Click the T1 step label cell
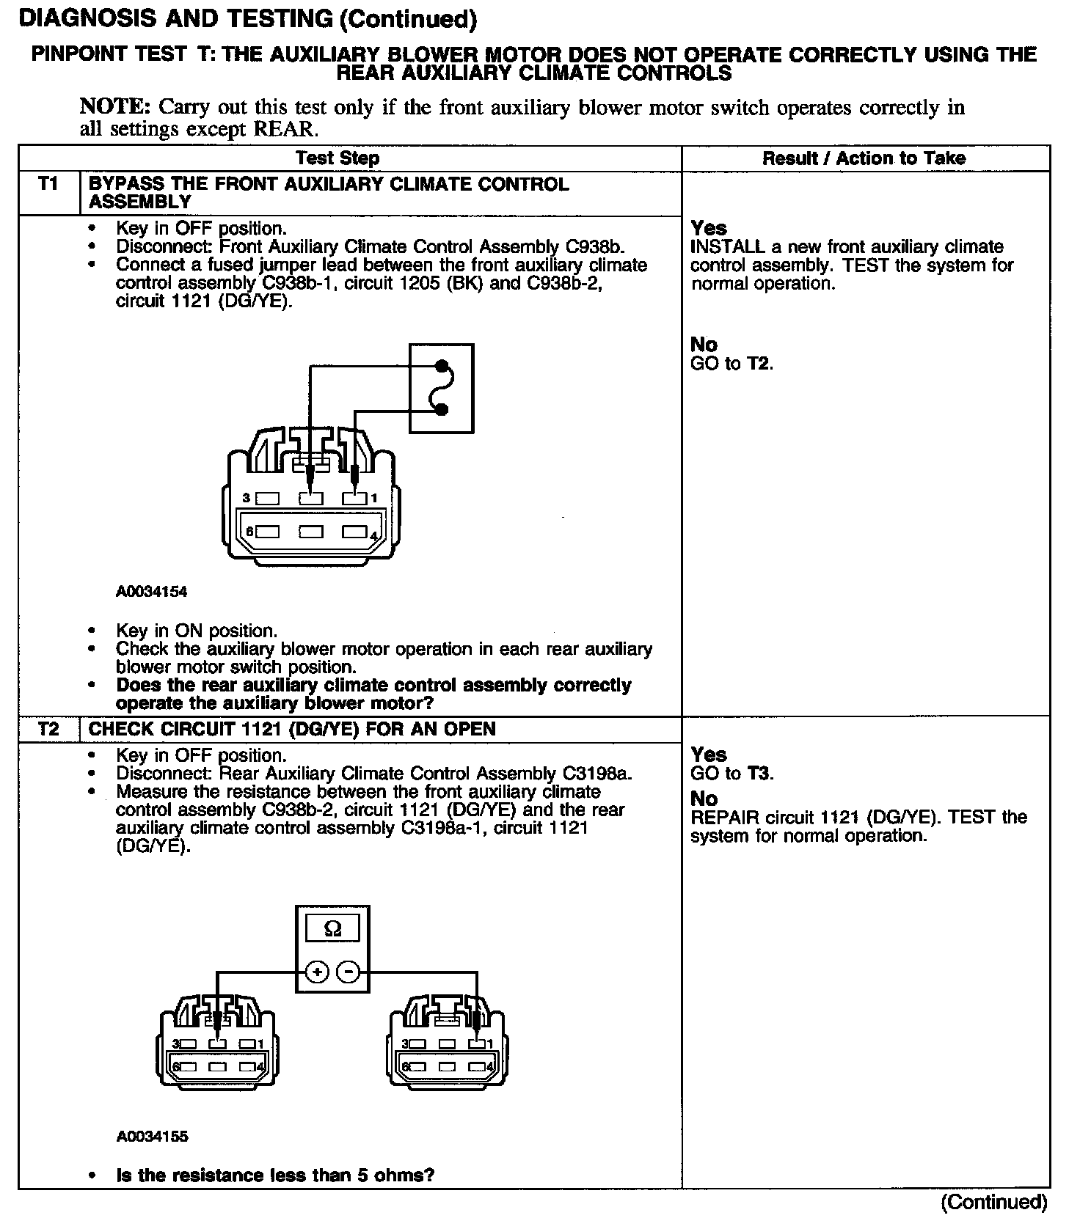click(48, 185)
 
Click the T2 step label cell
click(48, 729)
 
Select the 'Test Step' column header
click(337, 158)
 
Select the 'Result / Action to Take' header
click(864, 158)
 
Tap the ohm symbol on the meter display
click(332, 929)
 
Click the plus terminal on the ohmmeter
click(316, 972)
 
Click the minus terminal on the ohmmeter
click(349, 972)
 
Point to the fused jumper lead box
click(441, 388)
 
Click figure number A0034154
click(152, 590)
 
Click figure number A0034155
click(152, 1137)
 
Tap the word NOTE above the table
click(114, 107)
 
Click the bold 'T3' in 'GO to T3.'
click(759, 774)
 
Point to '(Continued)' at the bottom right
click(994, 1203)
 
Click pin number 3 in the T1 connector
click(247, 499)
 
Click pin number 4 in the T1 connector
click(373, 537)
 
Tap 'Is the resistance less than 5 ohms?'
click(275, 1175)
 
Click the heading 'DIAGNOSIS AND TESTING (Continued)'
click(248, 20)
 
